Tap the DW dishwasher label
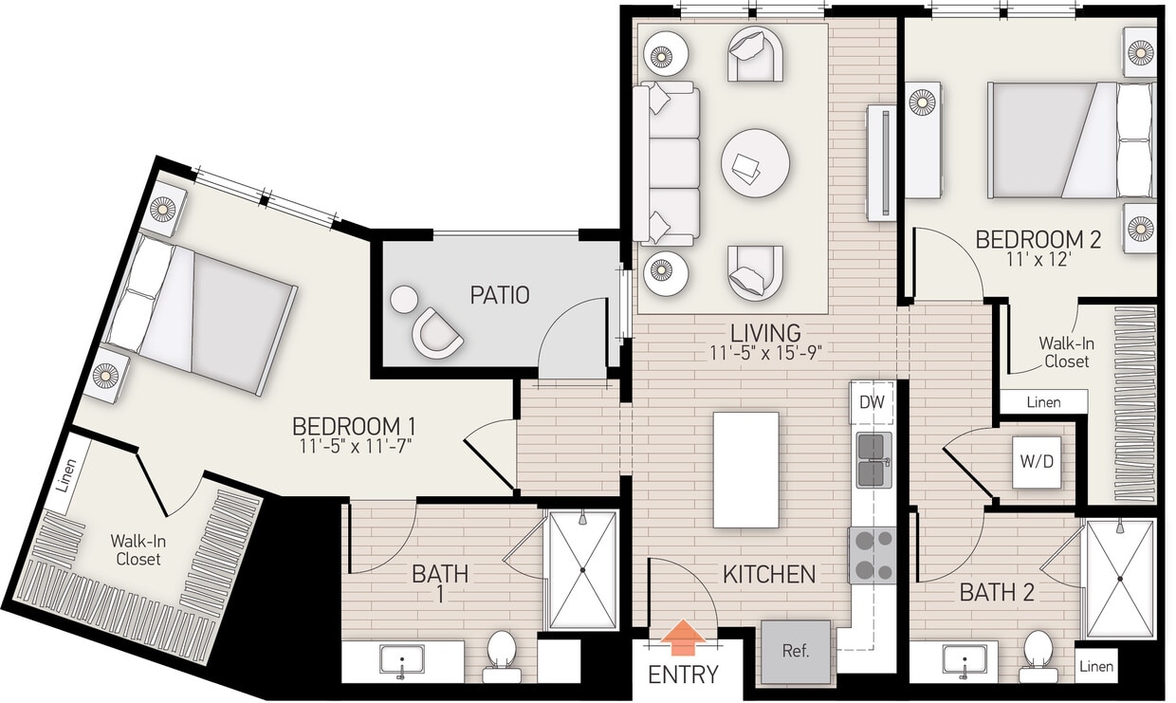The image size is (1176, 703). (x=871, y=401)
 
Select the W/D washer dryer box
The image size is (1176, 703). (x=1036, y=462)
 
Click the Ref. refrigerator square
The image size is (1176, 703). (x=796, y=652)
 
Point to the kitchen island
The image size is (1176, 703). (x=745, y=470)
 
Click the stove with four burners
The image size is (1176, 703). (x=872, y=556)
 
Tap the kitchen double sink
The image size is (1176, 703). (x=873, y=460)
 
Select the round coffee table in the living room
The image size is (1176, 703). (x=755, y=162)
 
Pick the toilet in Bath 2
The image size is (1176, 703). (x=1038, y=655)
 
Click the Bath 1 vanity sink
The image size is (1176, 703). (x=402, y=660)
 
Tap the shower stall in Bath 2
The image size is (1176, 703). (x=1120, y=579)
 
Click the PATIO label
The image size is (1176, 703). (x=499, y=295)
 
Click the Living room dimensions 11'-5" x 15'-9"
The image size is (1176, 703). (x=764, y=352)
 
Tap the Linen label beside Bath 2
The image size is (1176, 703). (x=1096, y=666)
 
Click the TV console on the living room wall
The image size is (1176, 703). (x=882, y=162)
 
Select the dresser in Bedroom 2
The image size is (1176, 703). (x=923, y=139)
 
